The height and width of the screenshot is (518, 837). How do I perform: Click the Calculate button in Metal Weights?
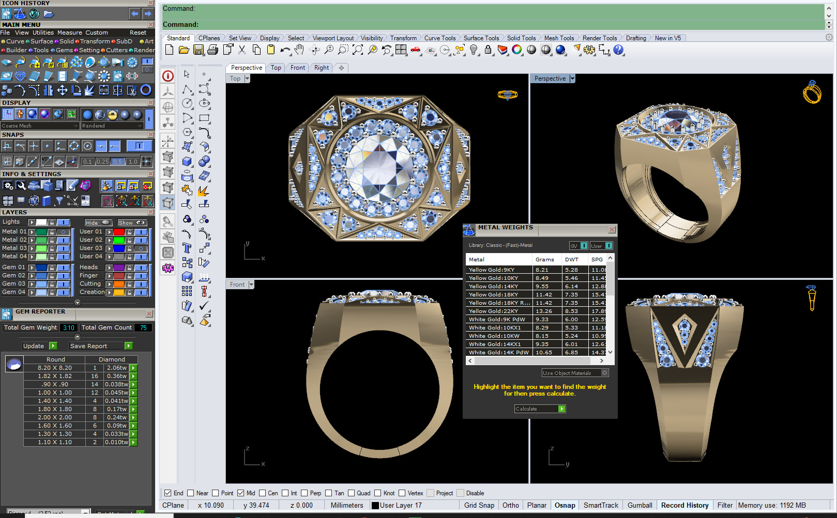[x=539, y=409]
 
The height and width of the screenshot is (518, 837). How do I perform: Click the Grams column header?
[x=544, y=259]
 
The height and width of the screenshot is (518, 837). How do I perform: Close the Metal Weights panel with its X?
[x=612, y=229]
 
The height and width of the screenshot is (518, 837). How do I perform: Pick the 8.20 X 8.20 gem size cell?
[x=55, y=368]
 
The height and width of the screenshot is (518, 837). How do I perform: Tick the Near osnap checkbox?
[x=191, y=493]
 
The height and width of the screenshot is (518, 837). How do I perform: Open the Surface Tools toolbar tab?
[x=481, y=38]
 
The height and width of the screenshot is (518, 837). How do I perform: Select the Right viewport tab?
[x=321, y=68]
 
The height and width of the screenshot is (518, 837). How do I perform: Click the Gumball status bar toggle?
[x=640, y=505]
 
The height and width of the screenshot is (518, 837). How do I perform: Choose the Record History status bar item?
[x=684, y=505]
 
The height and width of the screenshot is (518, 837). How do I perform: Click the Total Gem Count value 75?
[x=143, y=327]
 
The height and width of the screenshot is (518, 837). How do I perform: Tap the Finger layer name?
[x=88, y=275]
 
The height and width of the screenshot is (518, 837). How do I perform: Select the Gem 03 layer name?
[x=13, y=284]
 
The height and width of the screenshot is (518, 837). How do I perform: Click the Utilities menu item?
[x=43, y=33]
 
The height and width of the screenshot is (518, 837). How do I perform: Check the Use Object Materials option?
[x=604, y=372]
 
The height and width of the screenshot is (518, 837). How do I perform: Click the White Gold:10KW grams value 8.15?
[x=542, y=336]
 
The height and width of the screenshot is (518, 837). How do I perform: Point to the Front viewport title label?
[x=237, y=285]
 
